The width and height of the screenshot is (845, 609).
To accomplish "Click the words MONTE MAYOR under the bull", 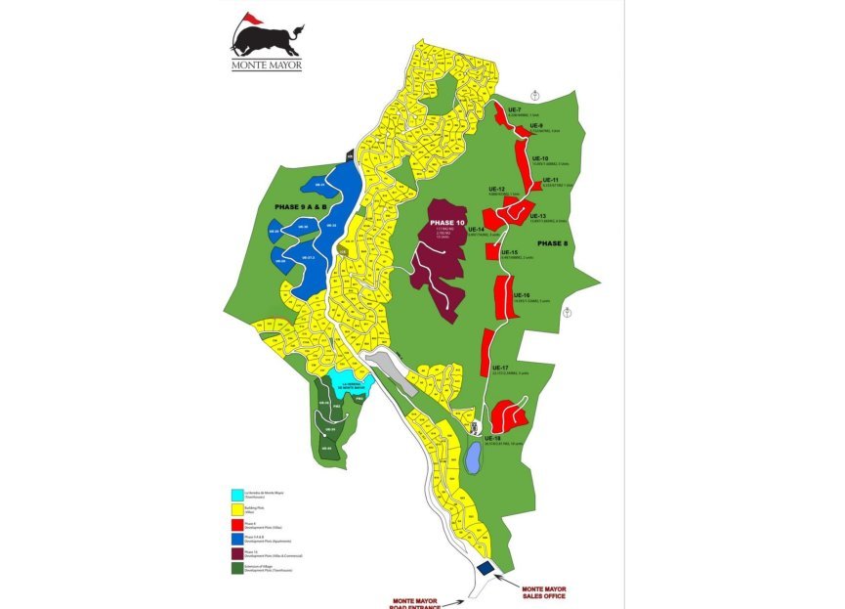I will coord(266,65).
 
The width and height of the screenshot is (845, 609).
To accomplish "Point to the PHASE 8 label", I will coord(552,242).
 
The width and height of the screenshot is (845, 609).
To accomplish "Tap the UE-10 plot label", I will coord(538,158).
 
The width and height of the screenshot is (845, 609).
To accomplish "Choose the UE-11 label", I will coord(549,180).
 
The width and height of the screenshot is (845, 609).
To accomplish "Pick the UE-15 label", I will coord(508,252).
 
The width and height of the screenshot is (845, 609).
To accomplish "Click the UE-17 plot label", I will coord(500,368).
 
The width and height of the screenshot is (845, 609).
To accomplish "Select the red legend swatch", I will coord(237,524).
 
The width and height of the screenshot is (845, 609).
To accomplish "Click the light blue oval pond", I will coord(473,457).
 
